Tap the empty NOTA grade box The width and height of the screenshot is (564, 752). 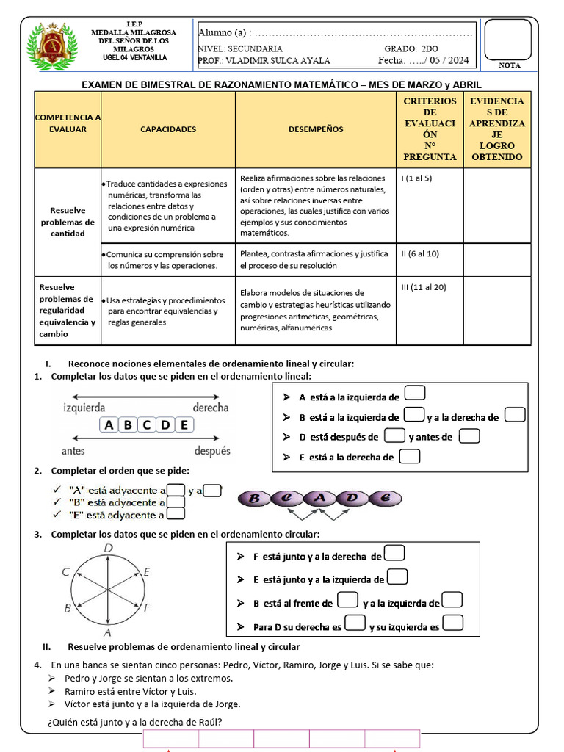click(x=507, y=39)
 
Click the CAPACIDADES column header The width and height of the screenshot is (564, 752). click(x=168, y=129)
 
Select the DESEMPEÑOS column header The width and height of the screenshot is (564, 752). click(x=316, y=129)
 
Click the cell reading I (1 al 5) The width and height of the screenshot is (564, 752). click(x=416, y=178)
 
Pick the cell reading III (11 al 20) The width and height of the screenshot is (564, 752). click(x=424, y=287)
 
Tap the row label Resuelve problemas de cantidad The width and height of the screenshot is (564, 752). click(x=68, y=222)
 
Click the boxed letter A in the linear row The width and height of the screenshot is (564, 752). click(x=109, y=424)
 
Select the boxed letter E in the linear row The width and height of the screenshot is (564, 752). click(x=184, y=424)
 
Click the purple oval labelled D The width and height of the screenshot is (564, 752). click(x=352, y=499)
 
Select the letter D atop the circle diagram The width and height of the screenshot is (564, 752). click(x=108, y=548)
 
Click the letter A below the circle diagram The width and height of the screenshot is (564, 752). click(x=107, y=632)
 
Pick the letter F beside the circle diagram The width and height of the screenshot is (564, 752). click(x=147, y=607)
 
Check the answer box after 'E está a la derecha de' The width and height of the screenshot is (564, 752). click(x=411, y=457)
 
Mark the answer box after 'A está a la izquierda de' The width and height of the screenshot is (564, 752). click(x=415, y=397)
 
